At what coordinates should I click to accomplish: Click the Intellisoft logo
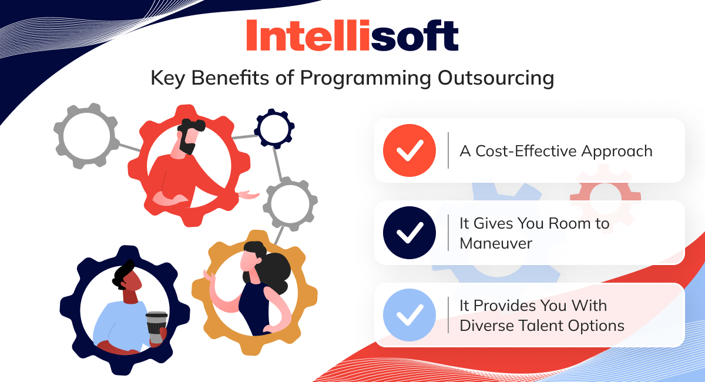[352, 35]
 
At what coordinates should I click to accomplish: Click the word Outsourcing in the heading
[496, 78]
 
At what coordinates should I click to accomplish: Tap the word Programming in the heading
[365, 78]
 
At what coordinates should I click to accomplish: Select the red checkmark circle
[409, 150]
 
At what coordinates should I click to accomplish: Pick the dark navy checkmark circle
[409, 233]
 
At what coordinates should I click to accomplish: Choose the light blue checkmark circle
[409, 315]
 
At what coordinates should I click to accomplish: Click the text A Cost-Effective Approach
[556, 152]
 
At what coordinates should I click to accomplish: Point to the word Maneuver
[496, 243]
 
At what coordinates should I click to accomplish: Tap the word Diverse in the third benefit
[486, 326]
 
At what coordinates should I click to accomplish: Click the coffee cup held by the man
[156, 327]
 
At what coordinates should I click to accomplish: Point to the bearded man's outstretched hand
[249, 195]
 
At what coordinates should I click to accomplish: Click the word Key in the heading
[168, 78]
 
